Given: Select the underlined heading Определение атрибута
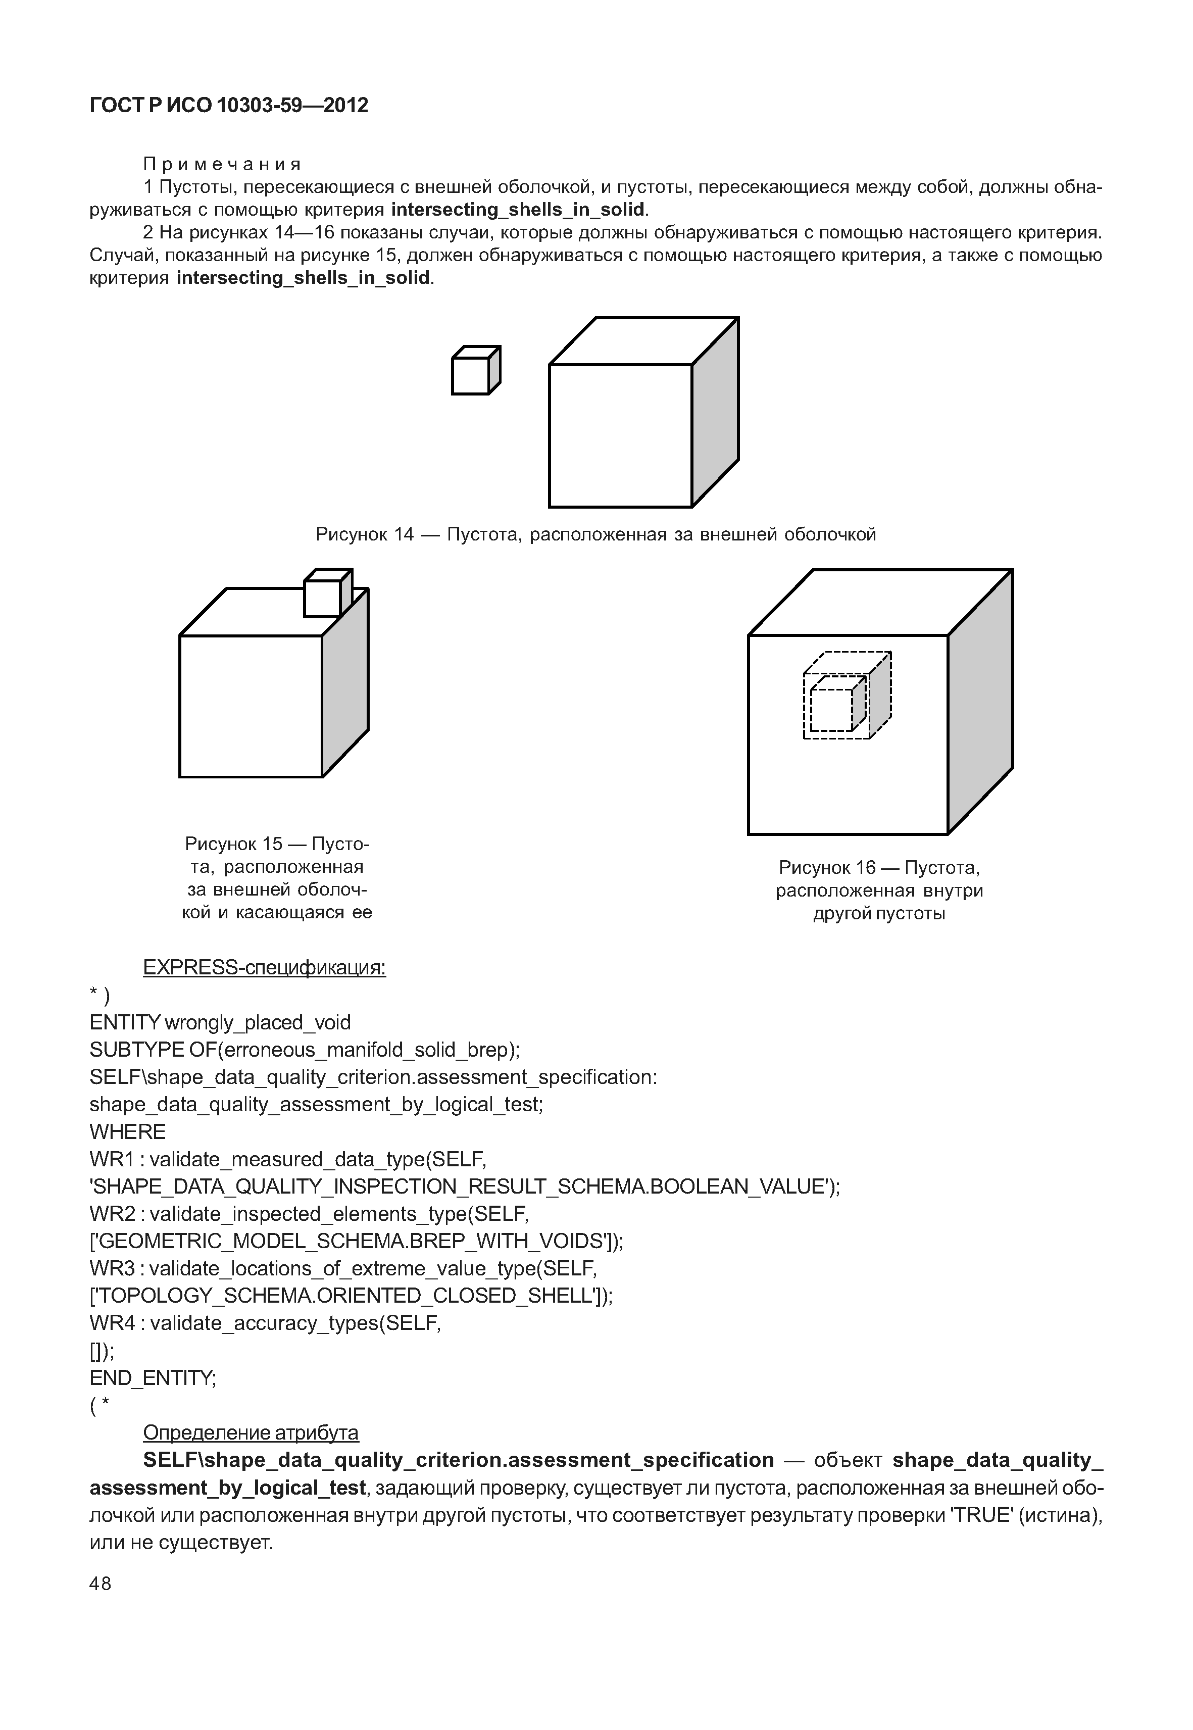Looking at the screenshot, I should point(251,1432).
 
